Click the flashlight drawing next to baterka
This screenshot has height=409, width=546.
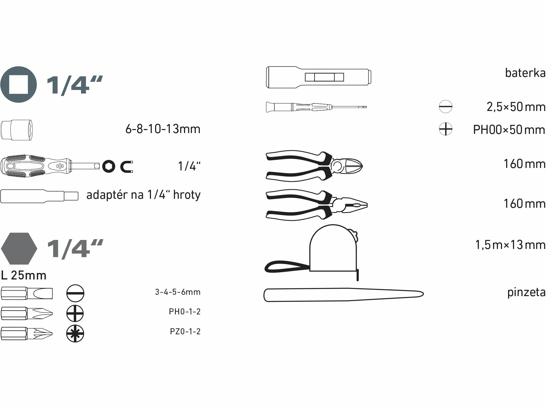(319, 77)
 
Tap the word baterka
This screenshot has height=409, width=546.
(525, 73)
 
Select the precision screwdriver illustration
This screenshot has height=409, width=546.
(316, 107)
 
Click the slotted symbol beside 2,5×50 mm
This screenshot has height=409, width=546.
(446, 107)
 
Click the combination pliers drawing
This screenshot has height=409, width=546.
(316, 205)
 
